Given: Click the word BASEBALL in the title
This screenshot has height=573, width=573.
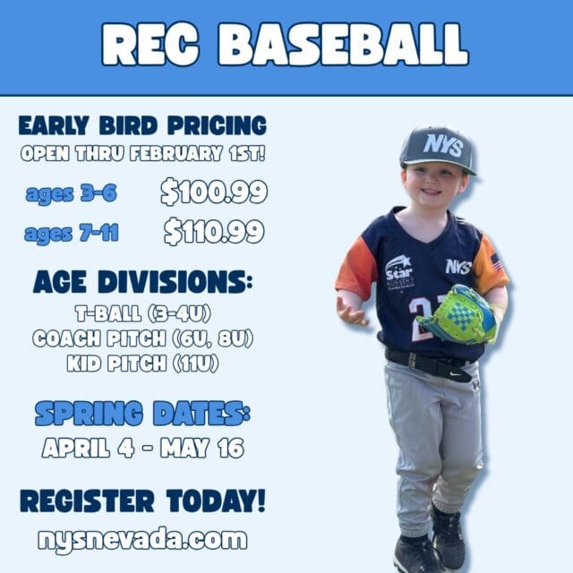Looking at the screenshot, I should [343, 44].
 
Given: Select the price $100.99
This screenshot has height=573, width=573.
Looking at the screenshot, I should [214, 192].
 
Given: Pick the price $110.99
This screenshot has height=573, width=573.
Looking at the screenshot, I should [214, 232].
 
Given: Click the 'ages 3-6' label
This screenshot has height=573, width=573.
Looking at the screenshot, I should [71, 193].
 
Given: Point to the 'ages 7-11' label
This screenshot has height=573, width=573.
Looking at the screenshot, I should [72, 235].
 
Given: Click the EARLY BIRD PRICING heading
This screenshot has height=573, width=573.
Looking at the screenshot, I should [142, 124].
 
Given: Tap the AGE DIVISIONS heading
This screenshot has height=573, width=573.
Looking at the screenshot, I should [142, 282].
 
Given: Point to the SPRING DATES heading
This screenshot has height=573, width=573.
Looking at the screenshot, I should [142, 413].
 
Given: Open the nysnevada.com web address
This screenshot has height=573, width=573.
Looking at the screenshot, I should [142, 539].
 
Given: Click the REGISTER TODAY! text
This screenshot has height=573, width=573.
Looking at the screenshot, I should [142, 500].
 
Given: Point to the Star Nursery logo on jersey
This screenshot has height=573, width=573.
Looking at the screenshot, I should [399, 271].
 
